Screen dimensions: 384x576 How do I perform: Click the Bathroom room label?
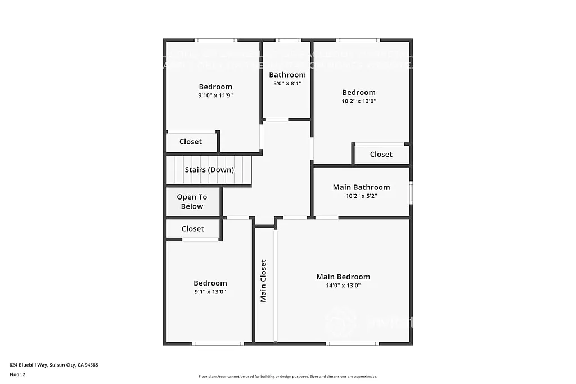(x=287, y=75)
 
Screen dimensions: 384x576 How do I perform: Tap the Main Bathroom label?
(x=361, y=187)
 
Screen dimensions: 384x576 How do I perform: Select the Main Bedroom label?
(x=343, y=277)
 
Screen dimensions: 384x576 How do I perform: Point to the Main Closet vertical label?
(x=263, y=281)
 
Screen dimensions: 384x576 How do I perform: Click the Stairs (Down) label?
(x=209, y=170)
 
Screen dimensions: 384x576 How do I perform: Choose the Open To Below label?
(x=192, y=201)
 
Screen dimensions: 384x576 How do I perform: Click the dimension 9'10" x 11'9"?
(x=215, y=96)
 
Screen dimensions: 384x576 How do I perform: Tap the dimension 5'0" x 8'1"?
(x=287, y=84)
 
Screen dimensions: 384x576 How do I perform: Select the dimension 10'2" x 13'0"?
(x=359, y=101)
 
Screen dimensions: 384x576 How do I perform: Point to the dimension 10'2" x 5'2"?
(x=361, y=196)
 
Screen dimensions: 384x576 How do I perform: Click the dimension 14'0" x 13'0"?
(x=343, y=286)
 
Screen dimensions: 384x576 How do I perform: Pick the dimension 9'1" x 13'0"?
(x=210, y=292)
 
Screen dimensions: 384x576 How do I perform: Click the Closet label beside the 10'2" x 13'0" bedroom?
(x=381, y=154)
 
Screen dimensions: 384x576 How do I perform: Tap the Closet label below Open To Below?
(x=193, y=229)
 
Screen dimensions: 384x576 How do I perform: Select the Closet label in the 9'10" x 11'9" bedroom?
(x=191, y=142)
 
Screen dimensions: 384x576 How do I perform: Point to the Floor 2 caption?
(x=17, y=374)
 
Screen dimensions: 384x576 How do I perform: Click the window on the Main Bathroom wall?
(x=411, y=192)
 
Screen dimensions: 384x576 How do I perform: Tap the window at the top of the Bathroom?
(x=289, y=40)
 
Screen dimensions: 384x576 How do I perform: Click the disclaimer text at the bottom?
(x=287, y=377)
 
